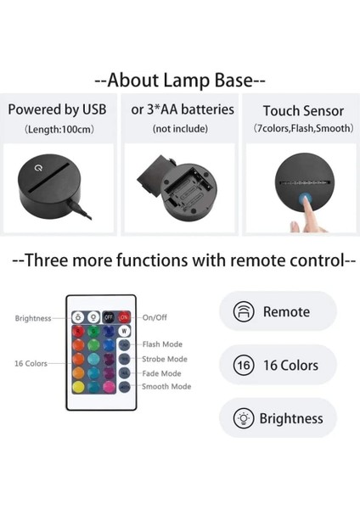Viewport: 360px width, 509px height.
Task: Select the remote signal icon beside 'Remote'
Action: [x=244, y=312]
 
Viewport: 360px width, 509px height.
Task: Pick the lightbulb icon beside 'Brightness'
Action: [x=244, y=418]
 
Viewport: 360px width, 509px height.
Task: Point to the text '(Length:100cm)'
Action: [x=57, y=128]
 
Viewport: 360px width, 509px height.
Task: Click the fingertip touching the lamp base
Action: [x=297, y=225]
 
